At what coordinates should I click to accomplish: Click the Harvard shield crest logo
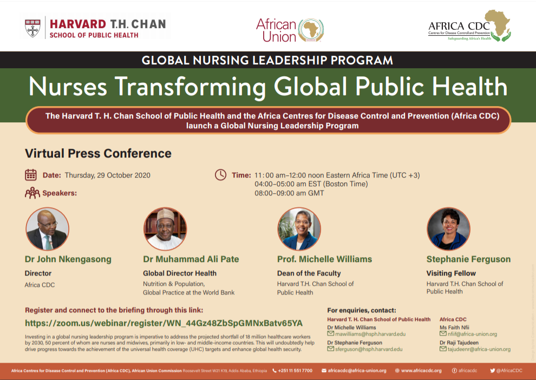point(33,28)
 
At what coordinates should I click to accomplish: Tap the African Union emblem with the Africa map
point(311,30)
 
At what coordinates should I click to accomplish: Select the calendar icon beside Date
point(31,175)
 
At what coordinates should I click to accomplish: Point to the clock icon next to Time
point(220,175)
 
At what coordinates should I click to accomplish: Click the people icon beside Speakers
point(32,193)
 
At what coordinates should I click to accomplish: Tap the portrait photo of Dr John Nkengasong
point(47,228)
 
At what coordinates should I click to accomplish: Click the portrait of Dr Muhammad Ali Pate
point(165,228)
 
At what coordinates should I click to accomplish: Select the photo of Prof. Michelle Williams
point(299,228)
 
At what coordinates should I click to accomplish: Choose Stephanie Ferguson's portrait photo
point(448,228)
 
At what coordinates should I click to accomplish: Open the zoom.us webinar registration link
point(164,323)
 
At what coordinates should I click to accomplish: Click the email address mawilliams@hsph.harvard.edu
point(370,334)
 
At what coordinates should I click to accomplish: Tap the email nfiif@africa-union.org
point(473,334)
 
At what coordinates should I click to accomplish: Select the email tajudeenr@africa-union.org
point(479,349)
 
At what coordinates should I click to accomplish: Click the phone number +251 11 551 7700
point(295,370)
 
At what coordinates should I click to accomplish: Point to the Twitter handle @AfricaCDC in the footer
point(509,370)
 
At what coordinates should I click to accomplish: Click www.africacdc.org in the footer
point(421,370)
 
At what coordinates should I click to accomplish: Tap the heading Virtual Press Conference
point(98,153)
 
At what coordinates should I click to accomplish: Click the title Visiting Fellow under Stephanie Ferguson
point(451,273)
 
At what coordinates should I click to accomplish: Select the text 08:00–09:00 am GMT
point(289,193)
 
